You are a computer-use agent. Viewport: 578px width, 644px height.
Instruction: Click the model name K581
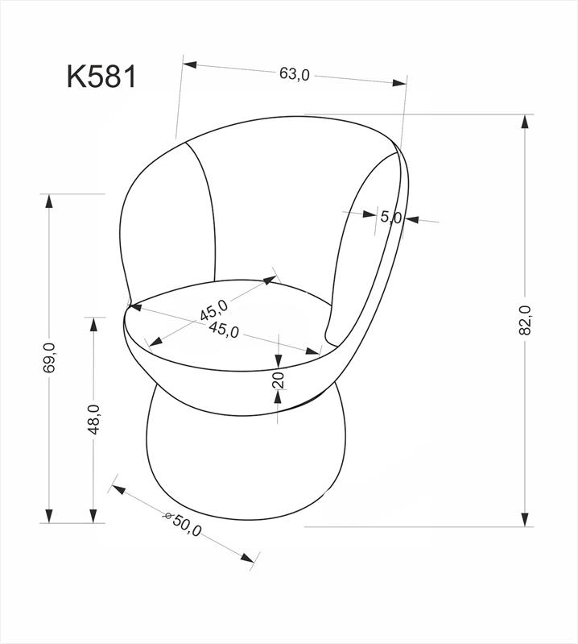pyautogui.click(x=101, y=77)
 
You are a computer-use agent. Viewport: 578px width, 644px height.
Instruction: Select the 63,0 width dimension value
pyautogui.click(x=295, y=74)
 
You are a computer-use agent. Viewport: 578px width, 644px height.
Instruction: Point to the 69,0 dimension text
pyautogui.click(x=50, y=357)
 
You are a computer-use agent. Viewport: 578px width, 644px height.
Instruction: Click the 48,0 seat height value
pyautogui.click(x=94, y=419)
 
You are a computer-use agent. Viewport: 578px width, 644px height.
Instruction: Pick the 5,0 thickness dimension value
pyautogui.click(x=390, y=217)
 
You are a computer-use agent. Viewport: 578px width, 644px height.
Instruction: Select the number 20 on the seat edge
pyautogui.click(x=279, y=380)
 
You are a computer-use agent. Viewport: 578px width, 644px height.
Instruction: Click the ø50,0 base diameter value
pyautogui.click(x=183, y=523)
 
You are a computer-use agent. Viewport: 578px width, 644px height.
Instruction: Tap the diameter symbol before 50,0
pyautogui.click(x=168, y=517)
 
